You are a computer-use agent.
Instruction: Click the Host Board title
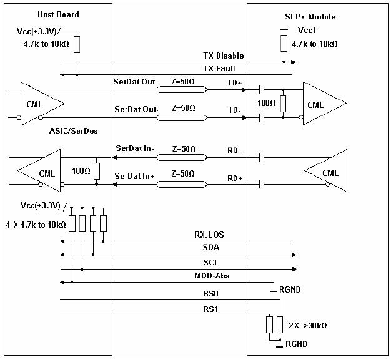coord(58,14)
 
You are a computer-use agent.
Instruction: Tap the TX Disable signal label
coord(222,56)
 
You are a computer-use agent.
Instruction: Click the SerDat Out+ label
coord(137,81)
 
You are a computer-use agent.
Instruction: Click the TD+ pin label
coord(235,82)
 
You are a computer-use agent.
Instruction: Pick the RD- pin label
coord(235,150)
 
